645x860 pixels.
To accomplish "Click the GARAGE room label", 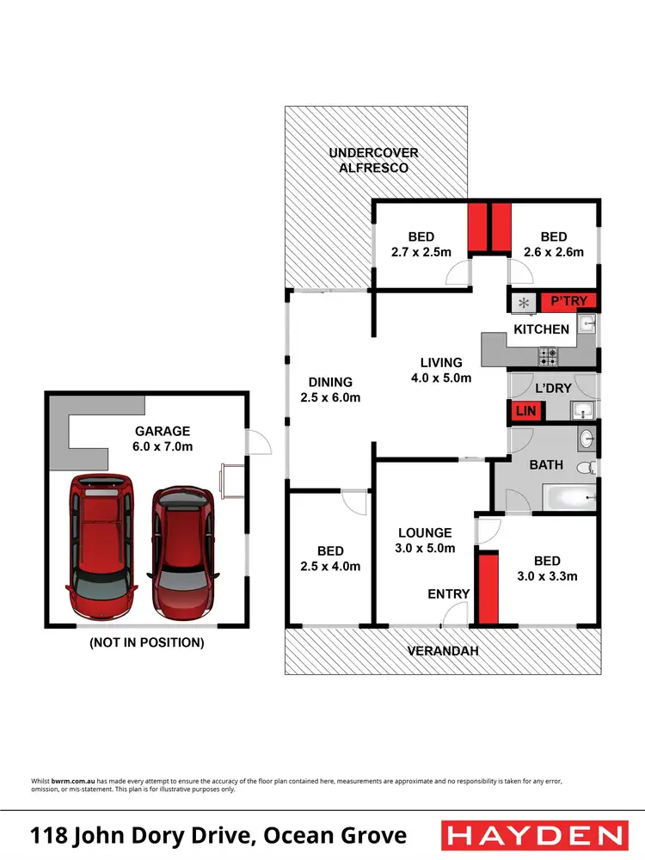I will click(x=162, y=431).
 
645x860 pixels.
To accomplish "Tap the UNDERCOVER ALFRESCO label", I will click(x=373, y=161).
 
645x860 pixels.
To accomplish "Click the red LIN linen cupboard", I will click(x=524, y=412).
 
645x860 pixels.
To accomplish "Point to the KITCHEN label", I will click(x=541, y=329).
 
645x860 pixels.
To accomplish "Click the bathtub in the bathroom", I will click(x=568, y=495).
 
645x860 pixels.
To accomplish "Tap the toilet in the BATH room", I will click(x=585, y=468).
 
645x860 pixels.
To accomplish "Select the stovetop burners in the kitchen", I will click(x=548, y=353).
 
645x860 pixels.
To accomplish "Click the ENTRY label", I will click(x=449, y=593).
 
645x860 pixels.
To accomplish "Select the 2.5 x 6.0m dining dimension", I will click(x=330, y=397).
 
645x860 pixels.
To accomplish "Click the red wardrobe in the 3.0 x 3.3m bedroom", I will click(x=488, y=587).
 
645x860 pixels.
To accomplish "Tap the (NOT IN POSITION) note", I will click(x=147, y=642).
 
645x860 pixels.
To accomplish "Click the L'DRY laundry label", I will click(x=553, y=388).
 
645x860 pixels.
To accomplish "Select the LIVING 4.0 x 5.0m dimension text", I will click(x=441, y=377).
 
